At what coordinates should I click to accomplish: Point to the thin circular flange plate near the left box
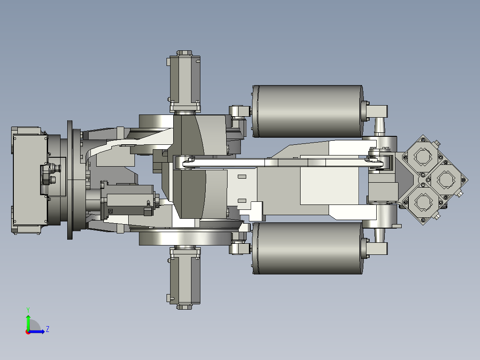(70, 180)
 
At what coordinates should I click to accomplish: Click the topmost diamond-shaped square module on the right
(422, 156)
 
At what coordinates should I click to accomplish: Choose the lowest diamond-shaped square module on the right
(422, 203)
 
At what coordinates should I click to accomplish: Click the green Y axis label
(28, 309)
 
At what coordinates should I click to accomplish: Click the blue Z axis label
(47, 329)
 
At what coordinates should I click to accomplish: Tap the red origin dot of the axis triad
(28, 332)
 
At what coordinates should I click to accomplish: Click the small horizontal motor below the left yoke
(129, 200)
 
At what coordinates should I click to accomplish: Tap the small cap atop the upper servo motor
(184, 53)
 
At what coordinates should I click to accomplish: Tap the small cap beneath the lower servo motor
(184, 307)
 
